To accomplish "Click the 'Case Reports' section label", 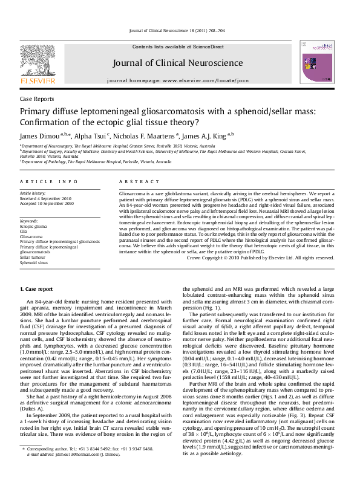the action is (37, 99).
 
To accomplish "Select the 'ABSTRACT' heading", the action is (136, 181).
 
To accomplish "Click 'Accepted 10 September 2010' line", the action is (47, 203).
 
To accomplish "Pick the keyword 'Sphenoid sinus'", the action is (34, 262).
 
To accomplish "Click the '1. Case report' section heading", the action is (39, 291).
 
